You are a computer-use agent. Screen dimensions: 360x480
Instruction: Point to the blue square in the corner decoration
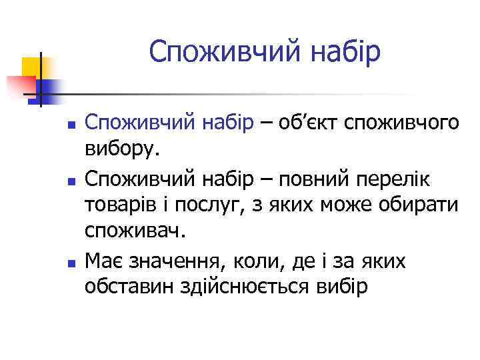pyautogui.click(x=48, y=89)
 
